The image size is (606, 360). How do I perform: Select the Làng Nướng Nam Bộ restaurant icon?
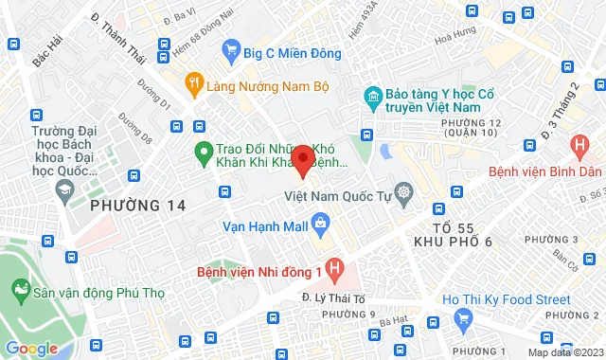point(195,82)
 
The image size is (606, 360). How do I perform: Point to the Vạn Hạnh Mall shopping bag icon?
point(321,225)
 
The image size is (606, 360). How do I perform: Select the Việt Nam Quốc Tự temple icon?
point(404,195)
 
